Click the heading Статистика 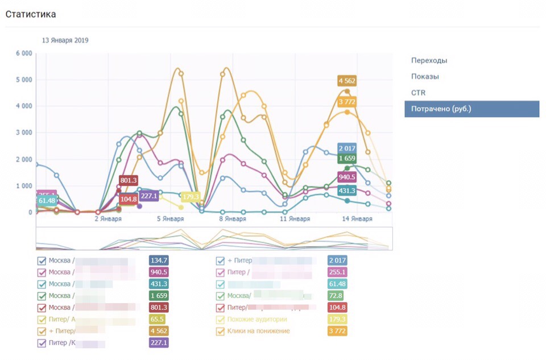click(31, 14)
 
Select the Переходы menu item click(429, 60)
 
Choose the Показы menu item click(425, 76)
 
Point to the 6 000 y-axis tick click(24, 53)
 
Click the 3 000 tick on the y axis click(24, 133)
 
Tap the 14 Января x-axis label click(357, 219)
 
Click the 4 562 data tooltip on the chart click(347, 81)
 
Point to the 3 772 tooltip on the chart click(347, 102)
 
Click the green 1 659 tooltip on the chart click(347, 158)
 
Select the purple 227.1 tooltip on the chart click(149, 196)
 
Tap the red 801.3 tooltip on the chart click(129, 180)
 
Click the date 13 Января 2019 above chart click(65, 40)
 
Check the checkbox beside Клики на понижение click(221, 331)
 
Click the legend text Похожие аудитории click(257, 320)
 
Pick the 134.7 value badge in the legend click(159, 260)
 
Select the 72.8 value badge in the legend click(337, 296)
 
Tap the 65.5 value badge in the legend click(159, 320)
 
